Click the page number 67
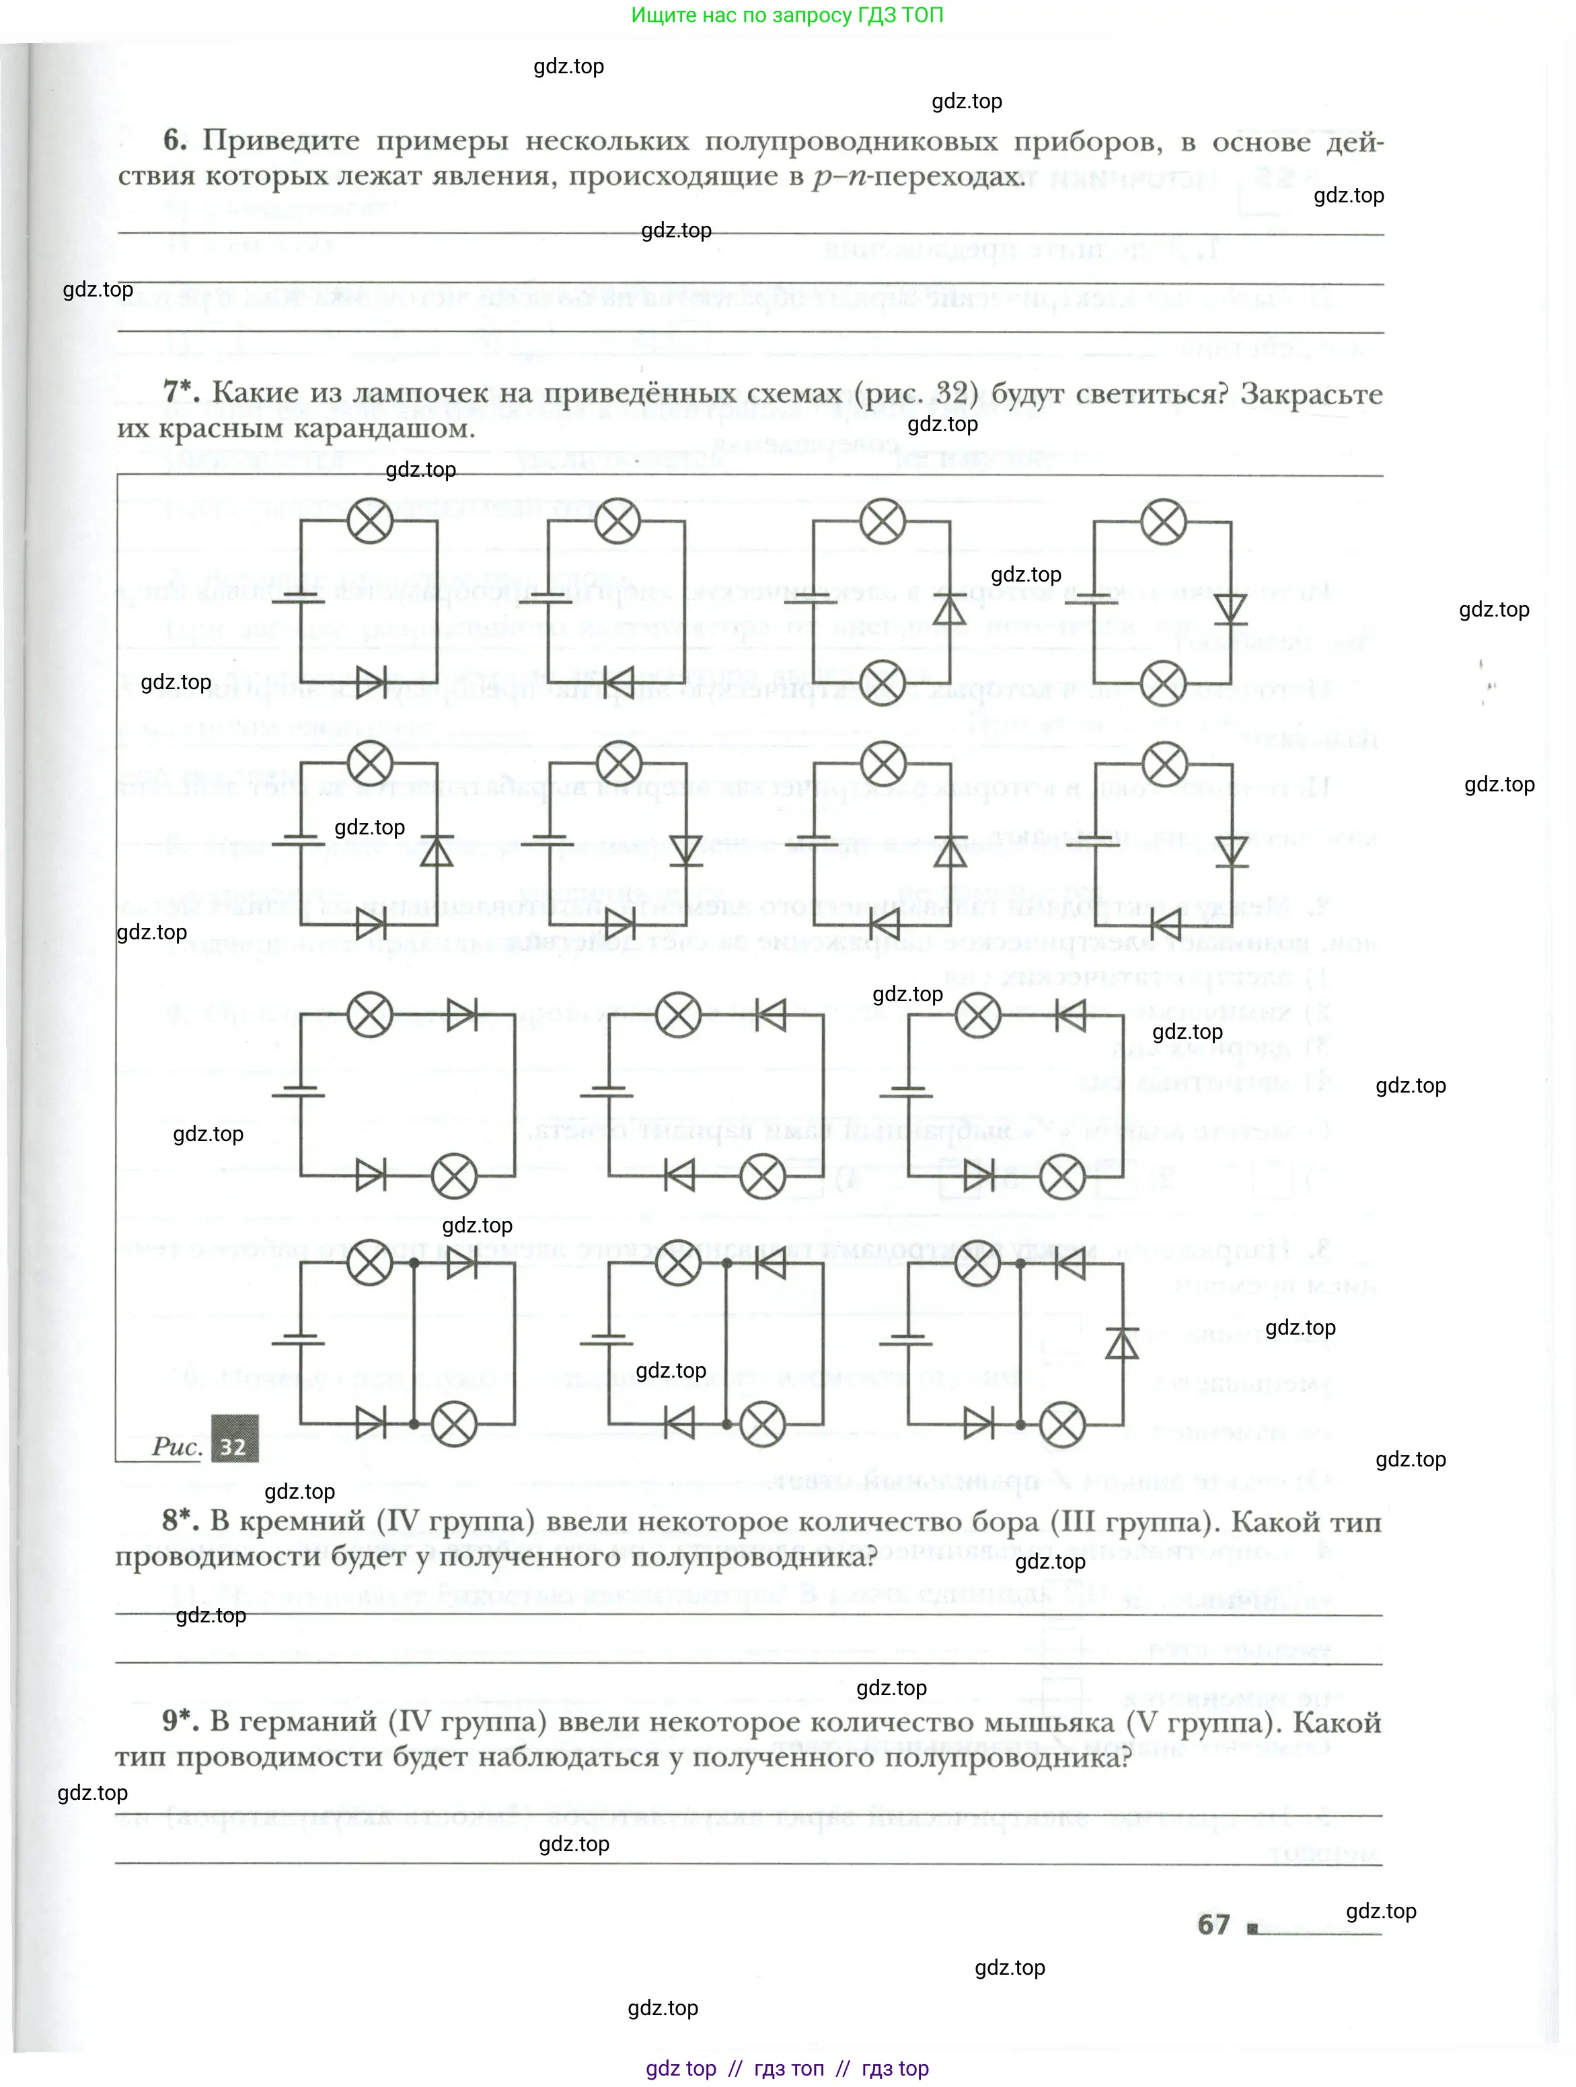(1213, 1925)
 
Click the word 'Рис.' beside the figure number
(176, 1446)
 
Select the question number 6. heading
(175, 140)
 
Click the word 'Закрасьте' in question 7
(1311, 393)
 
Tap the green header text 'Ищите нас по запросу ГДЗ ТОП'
(787, 15)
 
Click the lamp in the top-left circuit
(370, 521)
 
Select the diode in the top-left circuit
(370, 681)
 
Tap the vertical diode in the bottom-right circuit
(1122, 1341)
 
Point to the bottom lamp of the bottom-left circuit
(454, 1424)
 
